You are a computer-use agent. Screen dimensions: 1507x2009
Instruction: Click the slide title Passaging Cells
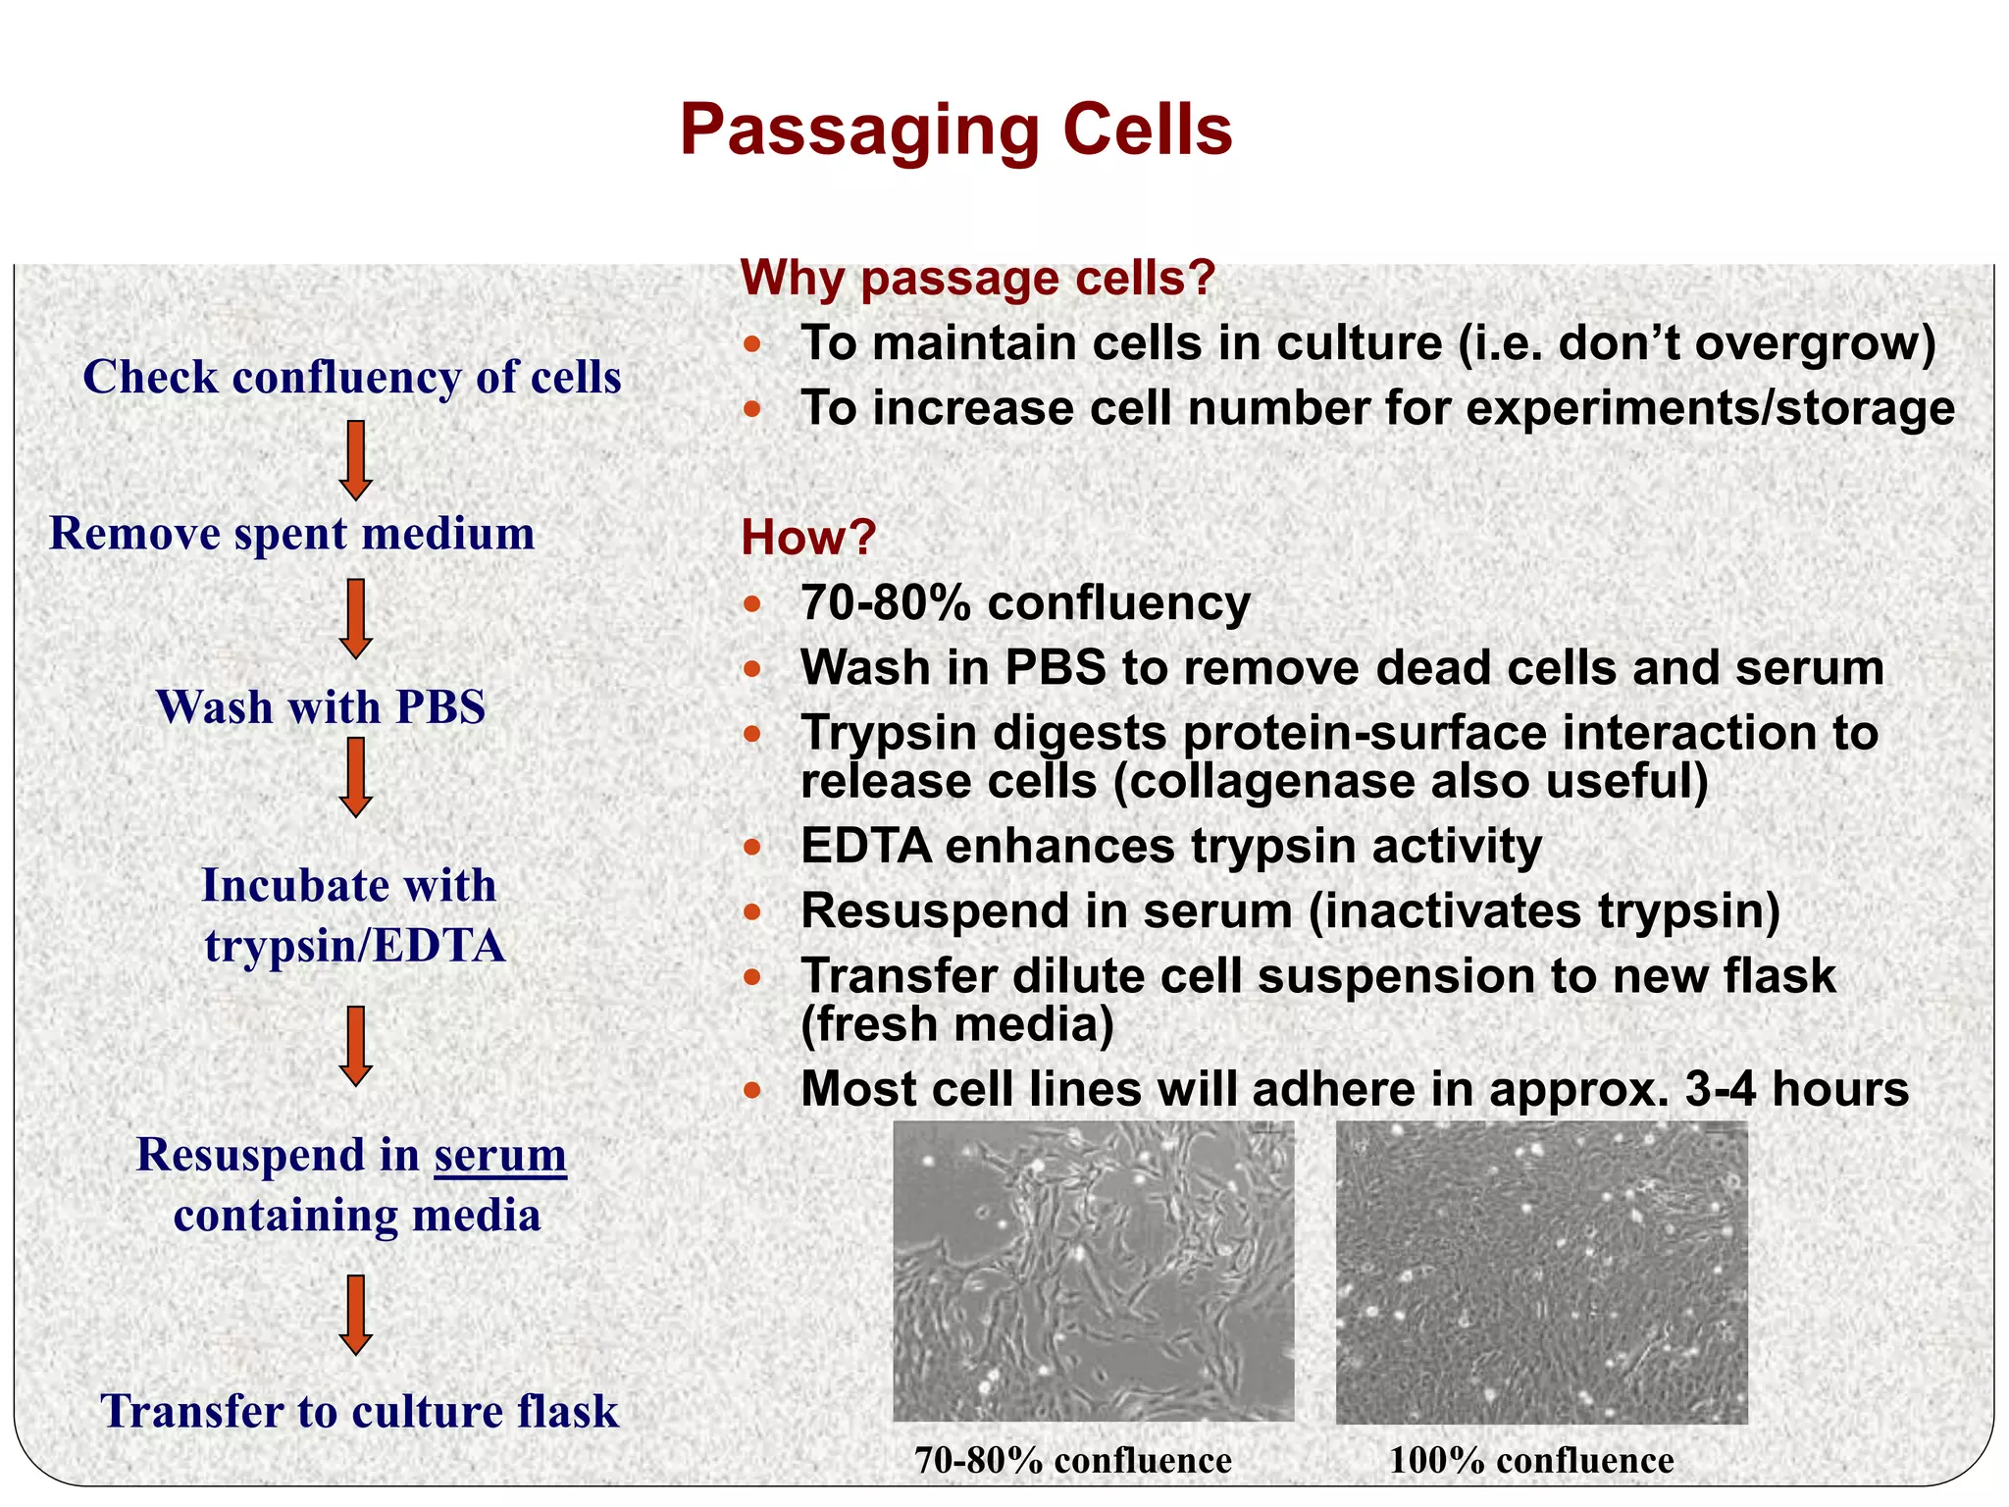coord(955,130)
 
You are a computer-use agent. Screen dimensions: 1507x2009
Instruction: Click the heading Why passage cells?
coord(977,279)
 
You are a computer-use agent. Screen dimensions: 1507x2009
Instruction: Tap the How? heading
coord(807,538)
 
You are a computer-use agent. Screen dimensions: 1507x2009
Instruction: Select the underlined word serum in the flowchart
coord(500,1155)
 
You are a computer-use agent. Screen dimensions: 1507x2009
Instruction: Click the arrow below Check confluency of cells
coord(355,460)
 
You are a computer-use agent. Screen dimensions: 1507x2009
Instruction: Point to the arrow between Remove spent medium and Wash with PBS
coord(355,618)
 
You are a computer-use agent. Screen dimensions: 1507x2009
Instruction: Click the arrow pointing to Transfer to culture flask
coord(355,1315)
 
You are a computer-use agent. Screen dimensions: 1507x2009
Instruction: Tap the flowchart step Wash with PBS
coord(321,707)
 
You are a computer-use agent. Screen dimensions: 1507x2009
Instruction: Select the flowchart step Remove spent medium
coord(292,534)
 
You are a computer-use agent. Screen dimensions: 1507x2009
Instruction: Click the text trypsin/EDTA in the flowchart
coord(354,946)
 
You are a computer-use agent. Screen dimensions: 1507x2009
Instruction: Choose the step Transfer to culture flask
coord(359,1412)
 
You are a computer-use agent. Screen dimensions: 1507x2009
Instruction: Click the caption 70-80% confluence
coord(1073,1461)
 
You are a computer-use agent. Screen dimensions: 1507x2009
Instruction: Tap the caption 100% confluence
coord(1531,1461)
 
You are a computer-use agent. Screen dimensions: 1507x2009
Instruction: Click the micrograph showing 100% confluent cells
coord(1541,1273)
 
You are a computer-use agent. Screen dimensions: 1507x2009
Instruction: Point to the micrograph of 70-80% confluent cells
coord(1093,1271)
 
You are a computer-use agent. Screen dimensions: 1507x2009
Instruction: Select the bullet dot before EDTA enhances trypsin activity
coord(751,847)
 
